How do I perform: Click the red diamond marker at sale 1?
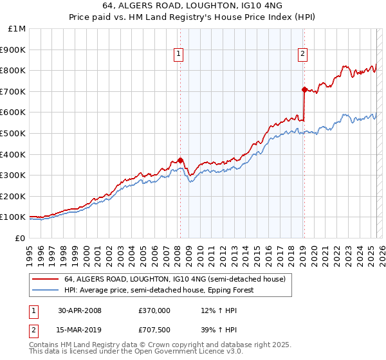(180, 160)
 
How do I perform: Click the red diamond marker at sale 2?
(304, 89)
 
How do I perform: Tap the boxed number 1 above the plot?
(178, 55)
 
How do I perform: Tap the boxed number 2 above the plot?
(302, 55)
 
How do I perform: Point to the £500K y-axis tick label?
(13, 133)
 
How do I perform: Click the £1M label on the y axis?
(17, 28)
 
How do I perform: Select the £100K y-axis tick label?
(13, 217)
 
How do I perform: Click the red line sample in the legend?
(45, 278)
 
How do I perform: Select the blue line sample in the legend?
(45, 290)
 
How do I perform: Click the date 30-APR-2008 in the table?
(80, 310)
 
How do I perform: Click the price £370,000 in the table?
(154, 310)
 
